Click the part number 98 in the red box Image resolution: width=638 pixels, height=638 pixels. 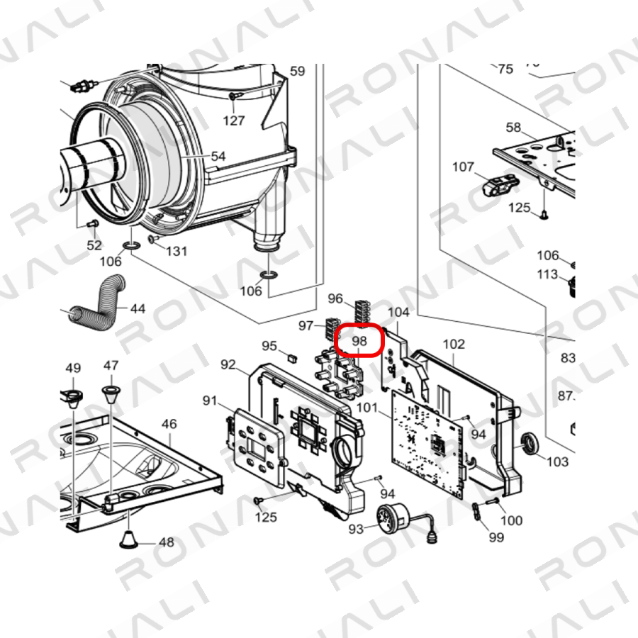point(359,341)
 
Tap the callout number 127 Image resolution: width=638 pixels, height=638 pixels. point(233,121)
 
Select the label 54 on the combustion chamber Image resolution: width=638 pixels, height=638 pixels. point(218,156)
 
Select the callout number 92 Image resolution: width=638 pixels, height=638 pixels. point(228,364)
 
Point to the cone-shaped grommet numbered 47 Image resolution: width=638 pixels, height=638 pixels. point(111,394)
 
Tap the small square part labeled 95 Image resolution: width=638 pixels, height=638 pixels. point(292,358)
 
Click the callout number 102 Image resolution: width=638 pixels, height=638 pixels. point(453,345)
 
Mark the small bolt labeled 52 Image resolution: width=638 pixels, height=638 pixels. point(93,223)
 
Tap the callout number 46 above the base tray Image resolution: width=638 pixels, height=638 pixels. point(169,424)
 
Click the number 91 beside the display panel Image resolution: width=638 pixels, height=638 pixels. point(210,401)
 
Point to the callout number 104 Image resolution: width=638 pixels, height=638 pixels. point(398,312)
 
